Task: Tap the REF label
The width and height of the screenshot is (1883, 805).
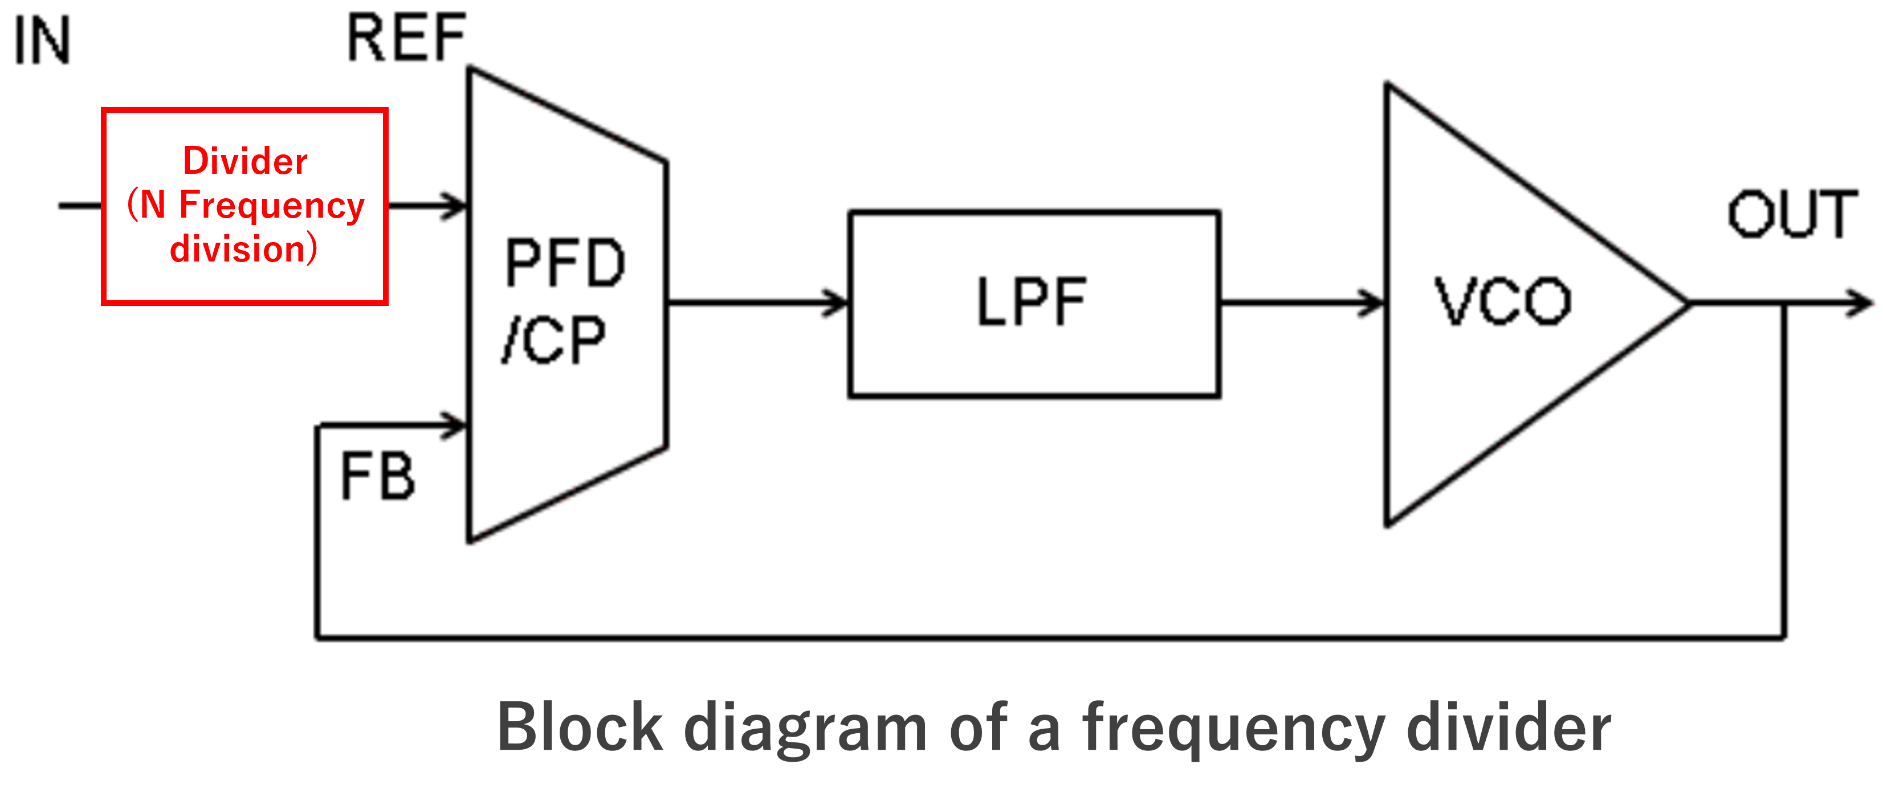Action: pos(406,38)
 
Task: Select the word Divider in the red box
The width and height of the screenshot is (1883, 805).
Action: pos(245,161)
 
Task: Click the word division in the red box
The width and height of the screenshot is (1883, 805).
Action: pos(237,248)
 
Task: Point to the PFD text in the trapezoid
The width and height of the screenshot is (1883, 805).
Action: pos(565,263)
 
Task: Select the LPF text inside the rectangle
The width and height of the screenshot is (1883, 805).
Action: pos(1032,302)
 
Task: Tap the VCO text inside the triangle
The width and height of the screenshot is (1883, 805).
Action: pos(1503,302)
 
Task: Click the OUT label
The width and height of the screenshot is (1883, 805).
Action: pos(1792,214)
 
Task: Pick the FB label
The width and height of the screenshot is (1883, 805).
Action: pos(378,477)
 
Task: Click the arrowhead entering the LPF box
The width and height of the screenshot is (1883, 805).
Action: pos(837,303)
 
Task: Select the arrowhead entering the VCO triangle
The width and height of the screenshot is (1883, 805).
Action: pos(1373,303)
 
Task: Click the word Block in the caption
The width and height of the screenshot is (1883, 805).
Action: pos(580,728)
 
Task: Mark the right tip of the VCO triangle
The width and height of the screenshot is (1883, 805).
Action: pos(1686,304)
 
